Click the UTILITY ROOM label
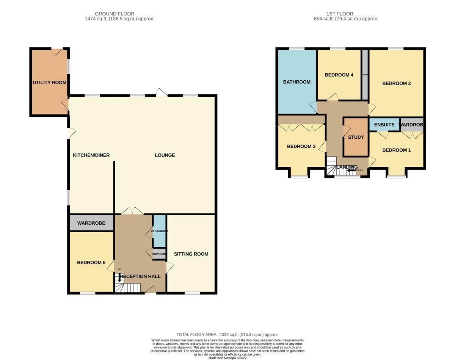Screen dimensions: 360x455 point(49,83)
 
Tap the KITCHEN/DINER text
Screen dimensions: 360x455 point(91,155)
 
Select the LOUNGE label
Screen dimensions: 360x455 point(165,155)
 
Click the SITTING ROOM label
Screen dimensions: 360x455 point(191,254)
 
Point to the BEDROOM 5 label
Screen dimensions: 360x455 point(91,263)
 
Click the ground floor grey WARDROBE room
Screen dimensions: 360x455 point(91,223)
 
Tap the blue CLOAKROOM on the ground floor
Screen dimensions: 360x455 point(159,231)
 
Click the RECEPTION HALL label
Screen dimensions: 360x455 point(140,276)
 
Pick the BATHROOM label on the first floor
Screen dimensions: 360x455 point(297,82)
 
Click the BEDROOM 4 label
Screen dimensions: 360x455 point(339,75)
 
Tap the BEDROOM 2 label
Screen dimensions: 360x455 point(396,83)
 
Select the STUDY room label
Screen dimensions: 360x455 point(356,137)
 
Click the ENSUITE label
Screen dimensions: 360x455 point(384,125)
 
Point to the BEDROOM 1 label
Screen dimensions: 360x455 point(396,150)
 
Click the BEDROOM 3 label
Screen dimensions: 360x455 point(301,146)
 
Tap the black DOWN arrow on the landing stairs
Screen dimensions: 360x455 point(351,171)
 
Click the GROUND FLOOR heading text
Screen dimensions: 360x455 point(115,14)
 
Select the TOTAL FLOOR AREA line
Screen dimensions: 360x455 point(227,335)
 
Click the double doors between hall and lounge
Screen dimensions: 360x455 point(132,211)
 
